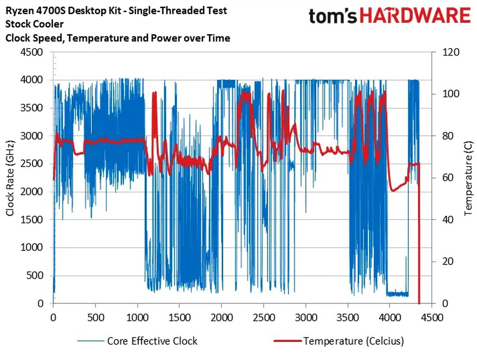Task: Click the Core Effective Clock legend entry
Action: (x=152, y=341)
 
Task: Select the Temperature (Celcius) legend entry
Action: (x=354, y=341)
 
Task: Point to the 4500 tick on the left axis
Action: (x=36, y=53)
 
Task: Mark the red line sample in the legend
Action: (x=287, y=341)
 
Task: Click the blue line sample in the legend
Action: (x=91, y=341)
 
